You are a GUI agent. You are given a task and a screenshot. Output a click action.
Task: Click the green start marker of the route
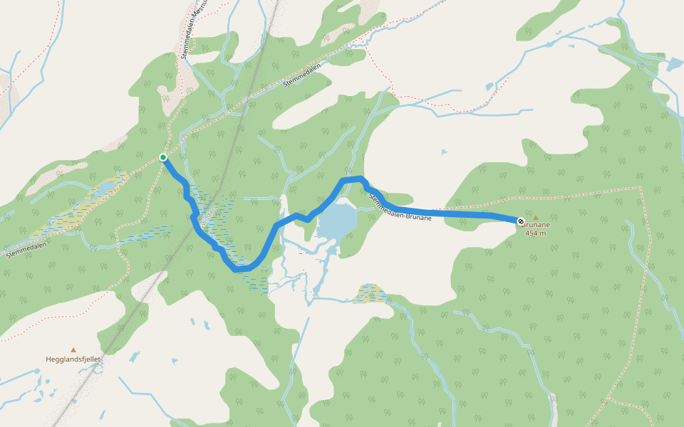pos(163,157)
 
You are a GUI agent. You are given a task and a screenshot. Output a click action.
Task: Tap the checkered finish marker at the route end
pos(522,222)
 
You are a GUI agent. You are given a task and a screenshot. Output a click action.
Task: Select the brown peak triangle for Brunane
pos(537,218)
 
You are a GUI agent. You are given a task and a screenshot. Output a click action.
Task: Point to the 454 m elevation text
pos(536,233)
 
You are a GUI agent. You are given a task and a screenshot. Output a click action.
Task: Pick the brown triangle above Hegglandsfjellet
pos(73,350)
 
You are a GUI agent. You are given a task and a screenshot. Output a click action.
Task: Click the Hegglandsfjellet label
pos(73,359)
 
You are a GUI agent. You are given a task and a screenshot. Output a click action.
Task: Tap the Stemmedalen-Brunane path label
pos(400,207)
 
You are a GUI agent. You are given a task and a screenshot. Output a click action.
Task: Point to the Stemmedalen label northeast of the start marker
pos(303,74)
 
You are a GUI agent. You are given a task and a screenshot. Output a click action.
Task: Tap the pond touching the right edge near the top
pos(673,64)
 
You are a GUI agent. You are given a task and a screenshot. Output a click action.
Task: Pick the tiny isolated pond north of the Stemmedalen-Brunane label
pos(443,152)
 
